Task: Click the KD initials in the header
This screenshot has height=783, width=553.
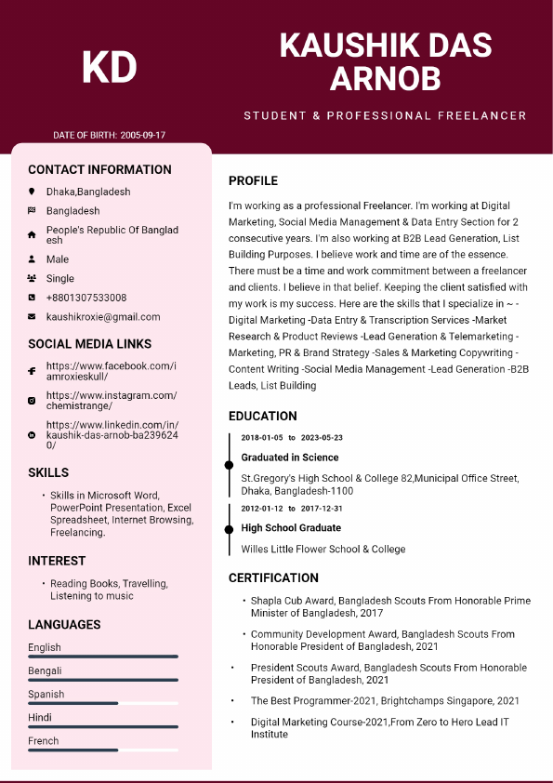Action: point(110,67)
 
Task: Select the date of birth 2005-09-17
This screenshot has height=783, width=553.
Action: point(143,135)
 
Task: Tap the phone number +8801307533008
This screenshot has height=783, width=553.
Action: point(86,298)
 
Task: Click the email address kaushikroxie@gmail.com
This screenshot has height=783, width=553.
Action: point(103,317)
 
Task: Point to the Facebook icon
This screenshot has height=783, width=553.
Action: point(32,372)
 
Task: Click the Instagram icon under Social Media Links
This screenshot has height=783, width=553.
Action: point(32,401)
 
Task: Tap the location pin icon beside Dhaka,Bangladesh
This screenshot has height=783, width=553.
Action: point(32,192)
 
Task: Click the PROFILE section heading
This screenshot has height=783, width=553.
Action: point(253,180)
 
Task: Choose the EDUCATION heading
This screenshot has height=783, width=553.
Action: point(263,416)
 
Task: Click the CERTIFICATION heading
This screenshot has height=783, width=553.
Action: point(273,577)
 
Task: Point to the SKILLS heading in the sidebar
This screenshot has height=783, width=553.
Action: point(48,472)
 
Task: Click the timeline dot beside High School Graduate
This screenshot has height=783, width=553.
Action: point(229,528)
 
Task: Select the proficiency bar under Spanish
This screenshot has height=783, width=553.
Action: point(102,703)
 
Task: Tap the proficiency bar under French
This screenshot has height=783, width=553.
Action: point(102,750)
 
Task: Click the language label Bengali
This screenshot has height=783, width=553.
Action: point(45,670)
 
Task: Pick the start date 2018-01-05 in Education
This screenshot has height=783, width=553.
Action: point(262,437)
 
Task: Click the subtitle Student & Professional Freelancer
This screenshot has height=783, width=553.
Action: point(385,116)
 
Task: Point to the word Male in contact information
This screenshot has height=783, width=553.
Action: point(58,259)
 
